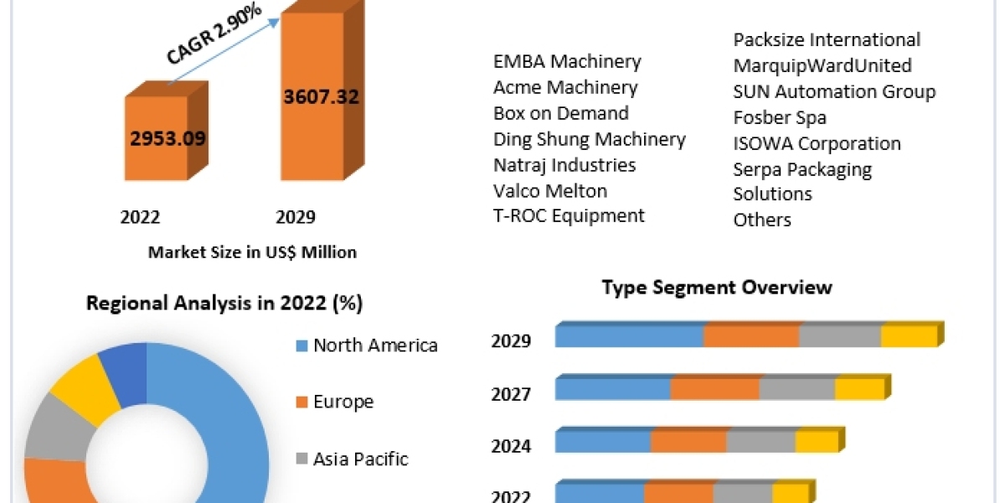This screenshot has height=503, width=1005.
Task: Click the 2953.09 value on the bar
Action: point(167,137)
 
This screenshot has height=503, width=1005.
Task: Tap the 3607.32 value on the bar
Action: point(321,97)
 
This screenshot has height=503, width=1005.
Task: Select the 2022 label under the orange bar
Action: point(140,218)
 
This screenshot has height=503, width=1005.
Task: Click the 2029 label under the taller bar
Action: point(296,218)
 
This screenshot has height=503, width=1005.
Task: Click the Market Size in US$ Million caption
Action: point(252,251)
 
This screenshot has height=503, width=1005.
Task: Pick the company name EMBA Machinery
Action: point(567,61)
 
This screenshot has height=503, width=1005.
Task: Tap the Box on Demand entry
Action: point(560,113)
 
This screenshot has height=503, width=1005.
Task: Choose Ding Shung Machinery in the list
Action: point(589,139)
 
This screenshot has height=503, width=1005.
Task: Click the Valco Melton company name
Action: point(550,190)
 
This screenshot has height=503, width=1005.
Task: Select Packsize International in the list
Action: point(827,39)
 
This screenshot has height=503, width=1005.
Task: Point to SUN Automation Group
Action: point(834,91)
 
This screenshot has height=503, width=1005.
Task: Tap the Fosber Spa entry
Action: point(780,117)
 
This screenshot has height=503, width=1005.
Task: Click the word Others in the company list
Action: point(762,220)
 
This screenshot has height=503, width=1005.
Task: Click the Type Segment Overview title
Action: point(717,288)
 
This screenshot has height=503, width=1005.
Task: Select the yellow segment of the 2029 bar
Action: point(908,336)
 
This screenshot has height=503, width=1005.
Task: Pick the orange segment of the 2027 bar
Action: point(714,389)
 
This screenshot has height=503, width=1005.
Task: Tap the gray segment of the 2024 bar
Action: point(760,441)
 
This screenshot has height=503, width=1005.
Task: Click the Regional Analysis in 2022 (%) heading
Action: point(224,303)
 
